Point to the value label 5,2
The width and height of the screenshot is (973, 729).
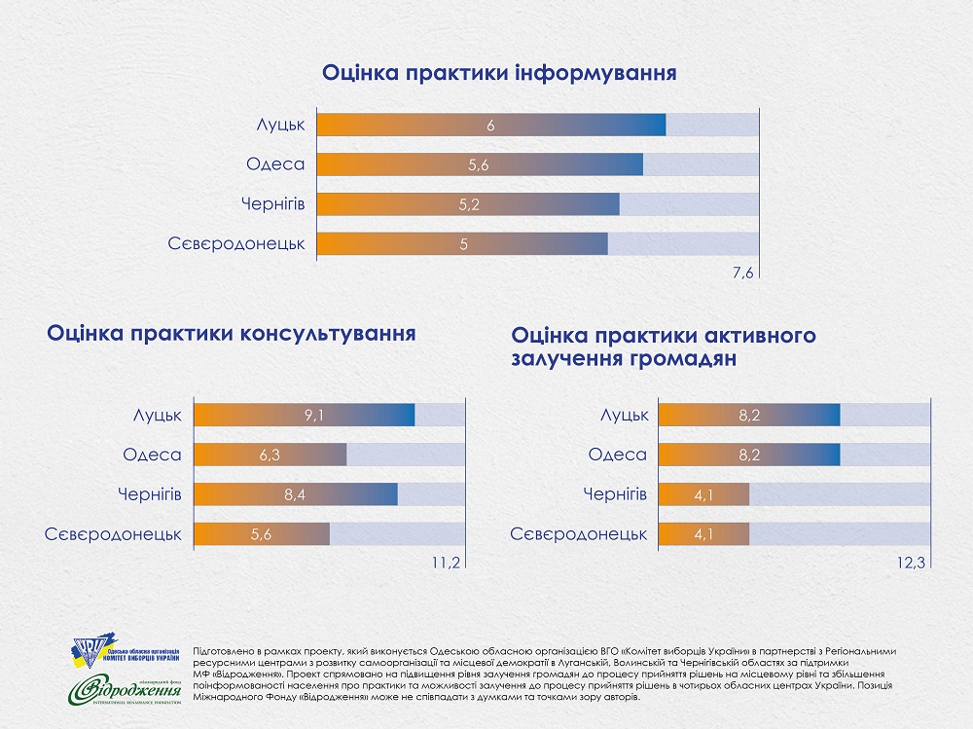(470, 205)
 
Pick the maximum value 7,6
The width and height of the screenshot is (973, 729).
(743, 273)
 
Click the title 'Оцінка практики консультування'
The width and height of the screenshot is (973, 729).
(232, 333)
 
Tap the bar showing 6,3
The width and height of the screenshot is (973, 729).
(271, 455)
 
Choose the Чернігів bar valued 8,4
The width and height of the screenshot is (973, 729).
(297, 494)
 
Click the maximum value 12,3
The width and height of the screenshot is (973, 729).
(913, 563)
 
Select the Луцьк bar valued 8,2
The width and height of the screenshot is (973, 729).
(749, 415)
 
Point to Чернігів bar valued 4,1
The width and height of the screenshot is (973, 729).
(704, 494)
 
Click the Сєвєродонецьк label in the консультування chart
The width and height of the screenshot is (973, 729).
(114, 534)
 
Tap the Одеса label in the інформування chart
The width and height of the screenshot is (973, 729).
(275, 165)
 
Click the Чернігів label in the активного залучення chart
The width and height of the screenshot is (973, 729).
(615, 494)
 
